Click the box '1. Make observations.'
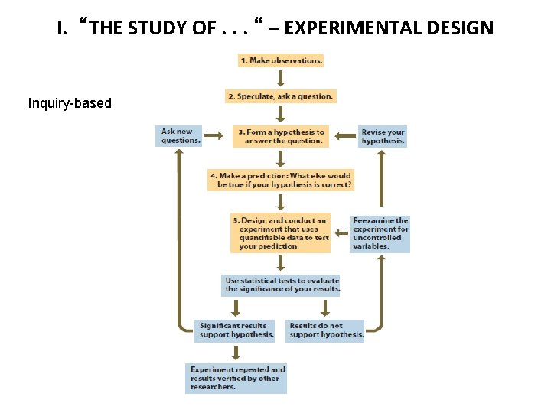click(280, 60)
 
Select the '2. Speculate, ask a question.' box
click(280, 96)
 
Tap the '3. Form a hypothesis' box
click(280, 136)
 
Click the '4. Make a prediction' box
click(280, 180)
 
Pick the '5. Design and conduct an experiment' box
click(280, 233)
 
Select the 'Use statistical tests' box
click(280, 285)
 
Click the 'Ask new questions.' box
click(179, 136)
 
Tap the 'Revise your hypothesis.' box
click(382, 136)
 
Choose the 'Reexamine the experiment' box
click(380, 233)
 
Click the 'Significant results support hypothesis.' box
click(234, 330)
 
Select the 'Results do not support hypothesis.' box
click(325, 330)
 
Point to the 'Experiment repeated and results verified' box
click(236, 378)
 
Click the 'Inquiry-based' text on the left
click(70, 102)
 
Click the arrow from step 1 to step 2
click(280, 78)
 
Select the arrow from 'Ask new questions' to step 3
click(217, 137)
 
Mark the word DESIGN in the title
click(463, 29)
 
